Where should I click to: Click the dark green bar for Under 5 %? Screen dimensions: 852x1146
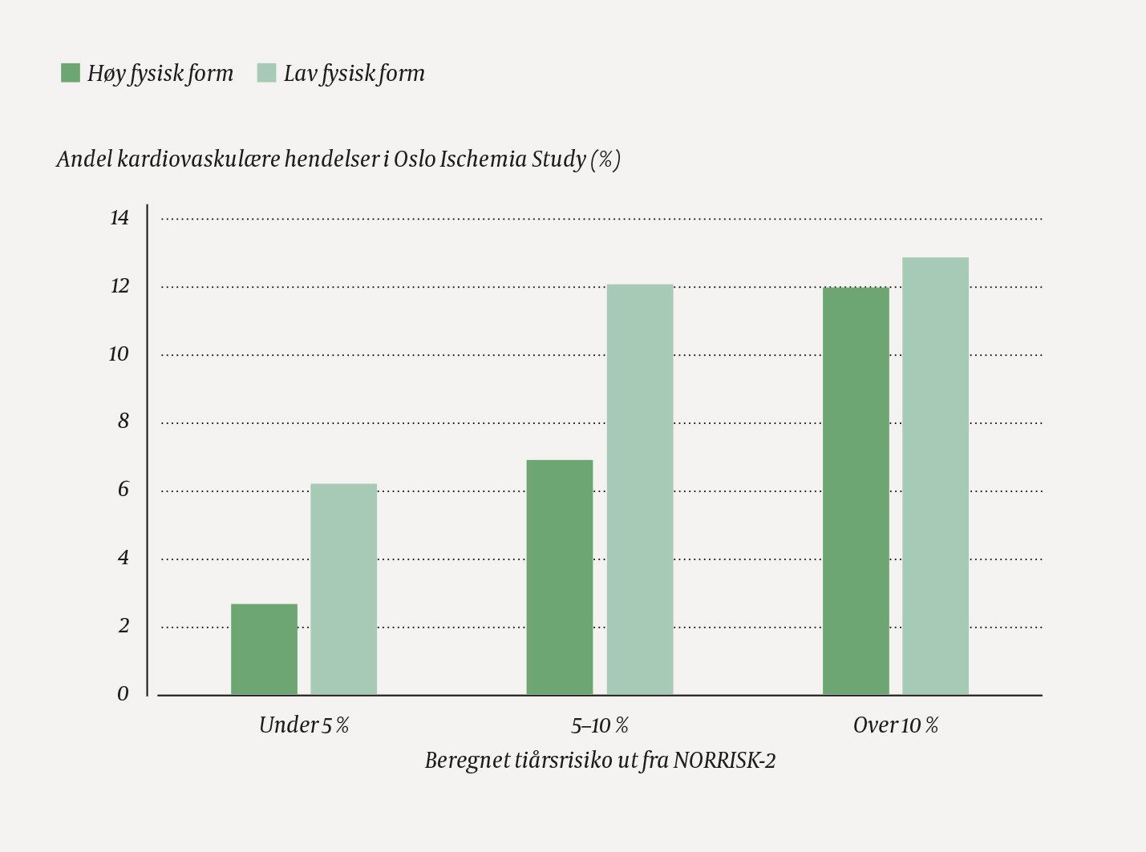(x=264, y=649)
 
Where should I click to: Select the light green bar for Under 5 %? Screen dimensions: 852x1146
(x=343, y=589)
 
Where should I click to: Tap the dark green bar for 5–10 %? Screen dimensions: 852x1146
(x=560, y=577)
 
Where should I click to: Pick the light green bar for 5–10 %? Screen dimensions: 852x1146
(x=639, y=490)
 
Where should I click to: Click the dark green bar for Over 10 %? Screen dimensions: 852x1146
(x=856, y=491)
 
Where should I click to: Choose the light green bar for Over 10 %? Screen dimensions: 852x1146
(x=935, y=476)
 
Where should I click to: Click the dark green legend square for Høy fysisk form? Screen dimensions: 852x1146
(x=71, y=73)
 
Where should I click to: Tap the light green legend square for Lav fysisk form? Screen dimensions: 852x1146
(x=266, y=73)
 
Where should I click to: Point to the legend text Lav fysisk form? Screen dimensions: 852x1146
(x=354, y=74)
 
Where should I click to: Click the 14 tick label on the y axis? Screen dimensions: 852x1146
(x=119, y=218)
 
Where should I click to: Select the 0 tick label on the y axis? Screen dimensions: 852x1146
(x=123, y=694)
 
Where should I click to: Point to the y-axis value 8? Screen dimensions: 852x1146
(x=123, y=422)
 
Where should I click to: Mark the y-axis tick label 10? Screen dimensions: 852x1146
(x=119, y=354)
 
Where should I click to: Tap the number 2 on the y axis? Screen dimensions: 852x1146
(x=123, y=626)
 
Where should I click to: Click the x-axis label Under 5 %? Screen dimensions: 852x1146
(x=304, y=725)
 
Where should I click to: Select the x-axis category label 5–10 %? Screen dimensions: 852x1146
(x=600, y=725)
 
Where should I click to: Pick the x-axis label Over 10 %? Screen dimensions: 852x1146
(x=896, y=725)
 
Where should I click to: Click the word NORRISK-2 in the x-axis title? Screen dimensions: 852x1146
(x=724, y=760)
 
